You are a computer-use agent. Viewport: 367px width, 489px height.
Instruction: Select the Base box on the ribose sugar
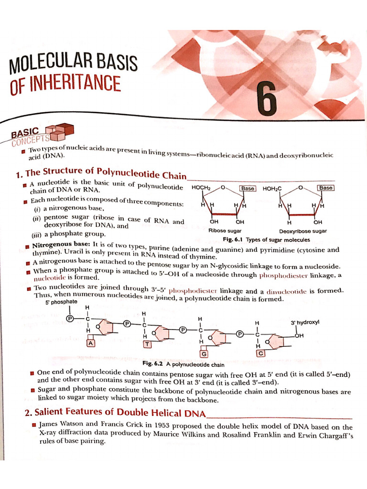[248, 188]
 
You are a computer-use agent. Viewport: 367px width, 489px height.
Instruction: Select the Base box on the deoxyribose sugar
[326, 188]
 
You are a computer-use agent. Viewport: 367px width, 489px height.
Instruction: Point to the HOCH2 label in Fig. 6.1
[201, 188]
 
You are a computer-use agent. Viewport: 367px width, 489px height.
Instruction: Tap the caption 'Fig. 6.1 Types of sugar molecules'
[266, 240]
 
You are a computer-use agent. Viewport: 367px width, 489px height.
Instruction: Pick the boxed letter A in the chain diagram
[91, 343]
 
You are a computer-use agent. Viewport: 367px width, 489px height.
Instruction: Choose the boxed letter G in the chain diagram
[204, 354]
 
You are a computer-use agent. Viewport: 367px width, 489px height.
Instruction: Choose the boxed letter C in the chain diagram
[260, 353]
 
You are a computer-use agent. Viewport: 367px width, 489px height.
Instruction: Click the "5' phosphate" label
[64, 302]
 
